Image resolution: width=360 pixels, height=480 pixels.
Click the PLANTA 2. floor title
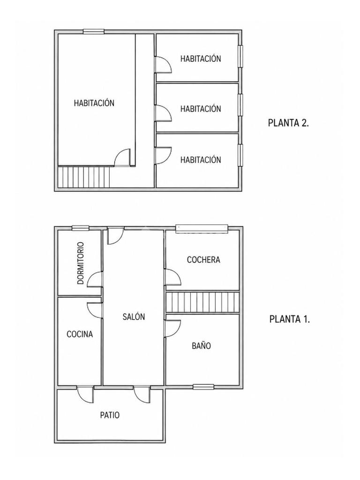(x=288, y=123)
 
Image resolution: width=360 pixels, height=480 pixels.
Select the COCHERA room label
(x=203, y=260)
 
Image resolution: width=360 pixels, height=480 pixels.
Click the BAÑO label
(x=202, y=345)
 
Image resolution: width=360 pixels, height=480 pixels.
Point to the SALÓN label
(x=134, y=316)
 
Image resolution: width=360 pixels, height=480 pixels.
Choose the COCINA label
(x=80, y=334)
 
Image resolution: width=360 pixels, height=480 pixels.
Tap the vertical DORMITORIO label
(x=80, y=263)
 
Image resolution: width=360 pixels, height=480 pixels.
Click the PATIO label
(x=110, y=415)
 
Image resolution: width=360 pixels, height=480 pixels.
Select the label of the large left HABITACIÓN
(x=94, y=103)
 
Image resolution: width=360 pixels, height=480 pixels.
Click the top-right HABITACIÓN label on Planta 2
(x=201, y=59)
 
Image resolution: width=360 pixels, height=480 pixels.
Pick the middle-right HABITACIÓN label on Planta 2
(x=201, y=109)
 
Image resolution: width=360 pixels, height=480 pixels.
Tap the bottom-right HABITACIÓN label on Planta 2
(x=201, y=159)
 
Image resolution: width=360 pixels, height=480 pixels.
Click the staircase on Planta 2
(x=84, y=177)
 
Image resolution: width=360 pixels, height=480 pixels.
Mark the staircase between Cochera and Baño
(x=202, y=302)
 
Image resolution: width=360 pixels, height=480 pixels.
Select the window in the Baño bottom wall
(x=203, y=387)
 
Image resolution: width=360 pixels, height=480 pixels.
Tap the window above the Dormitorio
(x=81, y=228)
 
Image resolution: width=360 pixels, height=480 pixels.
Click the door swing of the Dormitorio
(x=94, y=279)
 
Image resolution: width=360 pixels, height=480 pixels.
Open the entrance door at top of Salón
(x=115, y=235)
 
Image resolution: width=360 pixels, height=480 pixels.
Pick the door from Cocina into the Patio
(x=85, y=394)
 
